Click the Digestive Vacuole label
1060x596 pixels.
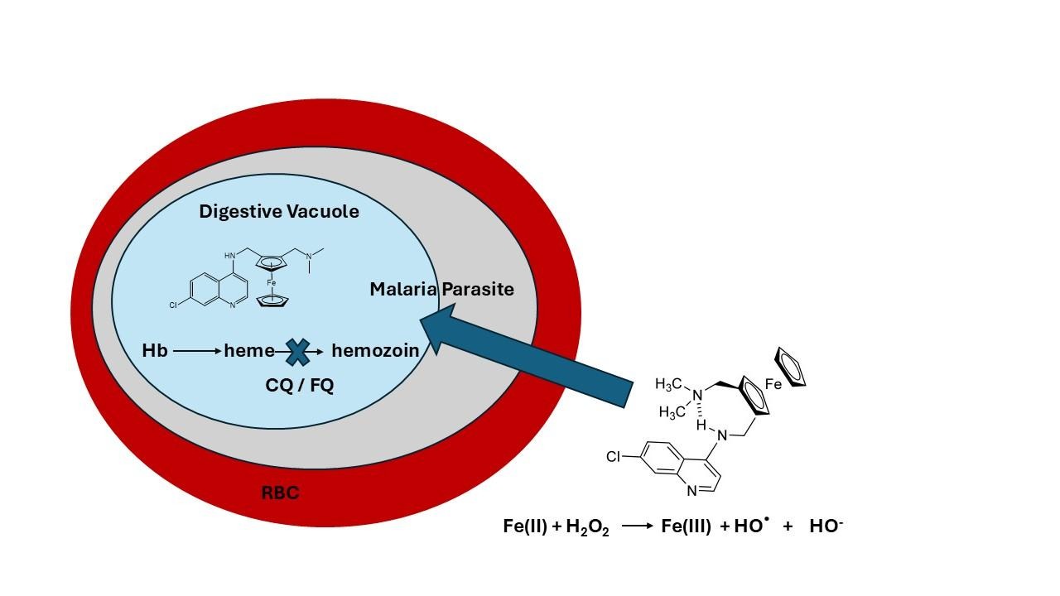[278, 212]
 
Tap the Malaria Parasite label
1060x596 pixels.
[441, 290]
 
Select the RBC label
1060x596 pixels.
[280, 493]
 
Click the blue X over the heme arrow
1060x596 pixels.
[296, 352]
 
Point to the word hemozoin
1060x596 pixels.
[374, 351]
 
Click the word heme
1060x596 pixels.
[248, 351]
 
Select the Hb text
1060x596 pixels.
[155, 351]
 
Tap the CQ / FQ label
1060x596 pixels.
[299, 386]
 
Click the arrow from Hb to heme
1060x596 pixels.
[197, 351]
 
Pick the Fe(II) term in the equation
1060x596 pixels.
[525, 526]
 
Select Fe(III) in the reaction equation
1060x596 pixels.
[686, 526]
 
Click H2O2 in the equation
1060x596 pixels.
[587, 527]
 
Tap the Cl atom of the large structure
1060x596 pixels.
[614, 456]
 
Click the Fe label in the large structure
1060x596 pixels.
[773, 385]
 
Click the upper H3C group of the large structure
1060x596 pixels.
[668, 384]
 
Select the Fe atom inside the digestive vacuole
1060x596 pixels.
[271, 283]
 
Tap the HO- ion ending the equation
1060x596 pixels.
[826, 526]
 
